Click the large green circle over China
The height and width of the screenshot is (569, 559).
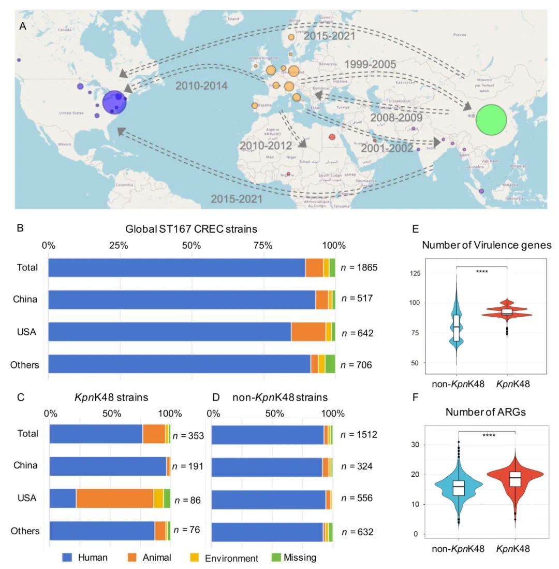point(490,120)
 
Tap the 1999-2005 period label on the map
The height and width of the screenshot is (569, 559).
point(371,64)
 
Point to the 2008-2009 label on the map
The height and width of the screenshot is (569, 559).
point(396,118)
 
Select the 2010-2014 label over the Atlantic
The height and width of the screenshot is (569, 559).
point(201,86)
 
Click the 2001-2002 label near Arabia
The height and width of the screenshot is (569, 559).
point(387,149)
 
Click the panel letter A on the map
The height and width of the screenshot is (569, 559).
point(22,26)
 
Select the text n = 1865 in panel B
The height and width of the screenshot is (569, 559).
point(359,268)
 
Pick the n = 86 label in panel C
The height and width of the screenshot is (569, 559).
point(187,500)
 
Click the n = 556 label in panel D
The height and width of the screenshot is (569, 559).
point(357,499)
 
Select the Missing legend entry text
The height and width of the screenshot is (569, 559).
point(300,558)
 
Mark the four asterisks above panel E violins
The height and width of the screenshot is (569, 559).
point(482,263)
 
